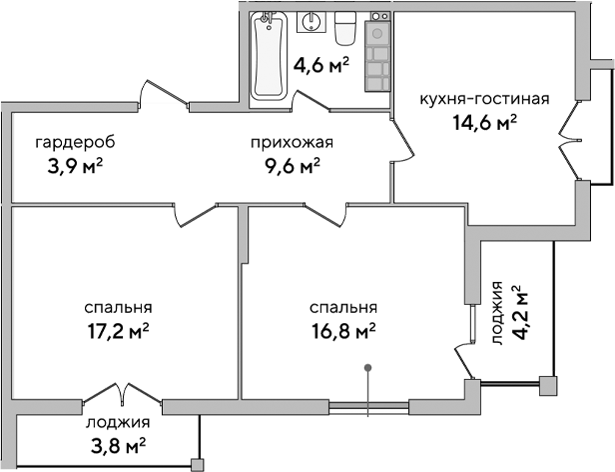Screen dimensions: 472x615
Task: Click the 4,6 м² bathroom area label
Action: click(320, 67)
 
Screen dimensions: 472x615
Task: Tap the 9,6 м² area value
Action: click(293, 165)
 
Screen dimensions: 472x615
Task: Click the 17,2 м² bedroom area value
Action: click(119, 329)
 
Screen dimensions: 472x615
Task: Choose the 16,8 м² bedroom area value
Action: click(342, 329)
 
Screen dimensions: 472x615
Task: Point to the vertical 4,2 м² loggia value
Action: click(519, 312)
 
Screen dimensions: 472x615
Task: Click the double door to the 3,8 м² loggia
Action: click(117, 394)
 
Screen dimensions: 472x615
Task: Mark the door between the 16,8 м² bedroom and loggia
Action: click(465, 355)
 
